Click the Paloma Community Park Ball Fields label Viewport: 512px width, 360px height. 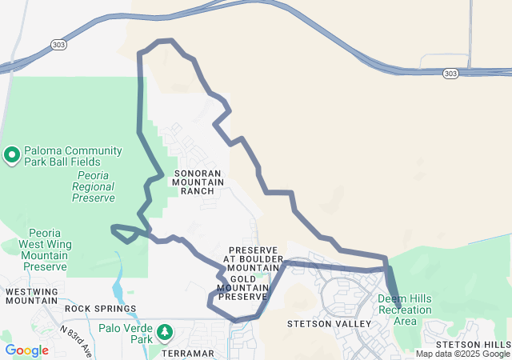click(x=72, y=156)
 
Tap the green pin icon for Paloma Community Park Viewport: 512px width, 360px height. click(x=12, y=154)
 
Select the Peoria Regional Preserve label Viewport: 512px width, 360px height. click(x=93, y=186)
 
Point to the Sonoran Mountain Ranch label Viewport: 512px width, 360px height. click(x=194, y=182)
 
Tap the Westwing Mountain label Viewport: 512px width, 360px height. click(x=32, y=296)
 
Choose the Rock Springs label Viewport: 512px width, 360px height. click(x=101, y=308)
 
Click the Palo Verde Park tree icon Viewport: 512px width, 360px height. click(x=165, y=331)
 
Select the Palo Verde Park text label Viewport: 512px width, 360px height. click(x=125, y=333)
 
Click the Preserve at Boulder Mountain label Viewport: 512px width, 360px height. click(x=252, y=259)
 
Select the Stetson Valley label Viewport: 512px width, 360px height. click(x=330, y=324)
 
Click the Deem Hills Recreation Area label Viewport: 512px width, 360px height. click(x=405, y=310)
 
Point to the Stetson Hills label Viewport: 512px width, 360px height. click(x=473, y=344)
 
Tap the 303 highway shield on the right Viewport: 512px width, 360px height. click(x=451, y=74)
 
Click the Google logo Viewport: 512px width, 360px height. click(x=26, y=350)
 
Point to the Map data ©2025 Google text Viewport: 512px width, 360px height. click(x=462, y=354)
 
